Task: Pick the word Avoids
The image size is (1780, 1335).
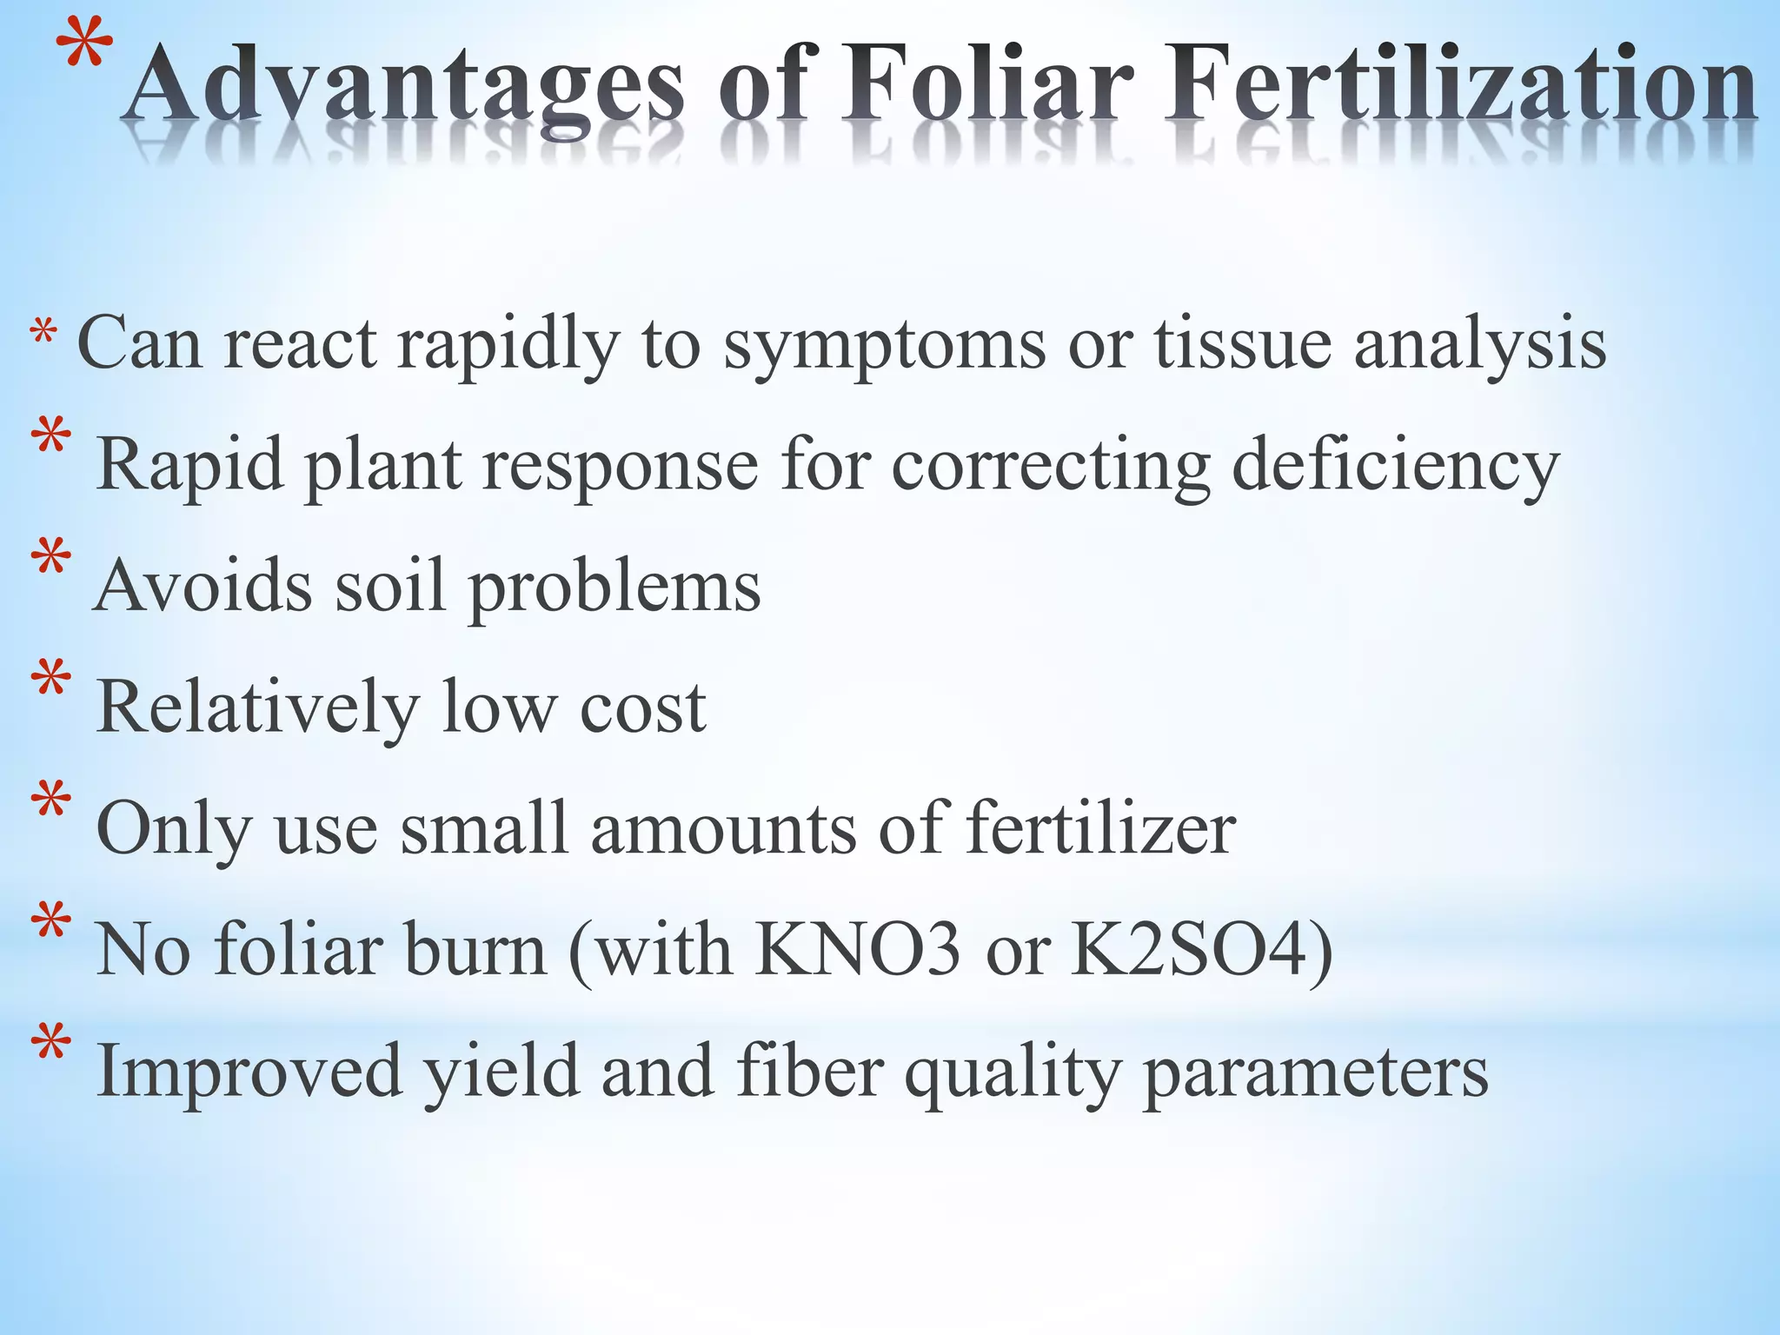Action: point(203,584)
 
